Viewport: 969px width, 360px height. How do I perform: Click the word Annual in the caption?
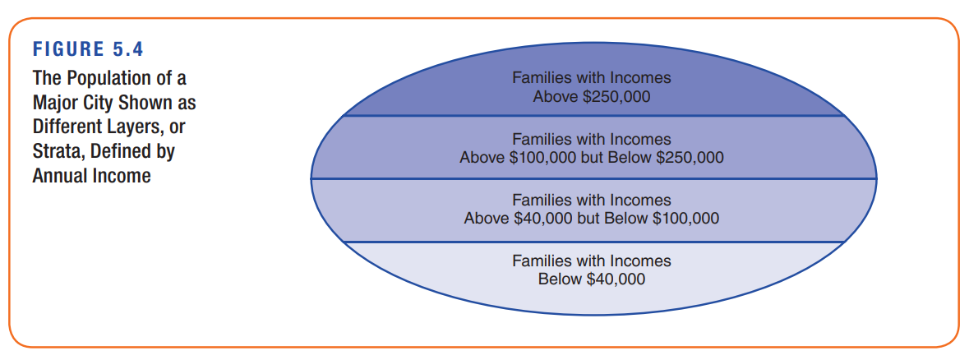62,176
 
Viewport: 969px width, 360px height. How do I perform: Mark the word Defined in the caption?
127,152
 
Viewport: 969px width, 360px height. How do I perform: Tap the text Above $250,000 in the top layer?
591,95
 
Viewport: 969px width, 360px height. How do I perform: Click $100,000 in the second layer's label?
542,157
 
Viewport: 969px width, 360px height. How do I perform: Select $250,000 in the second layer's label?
690,157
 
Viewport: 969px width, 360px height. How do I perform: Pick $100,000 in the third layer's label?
685,219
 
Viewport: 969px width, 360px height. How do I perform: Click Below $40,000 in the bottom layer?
591,279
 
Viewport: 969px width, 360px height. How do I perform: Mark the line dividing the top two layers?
592,116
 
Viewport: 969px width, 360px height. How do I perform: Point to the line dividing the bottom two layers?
592,242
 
